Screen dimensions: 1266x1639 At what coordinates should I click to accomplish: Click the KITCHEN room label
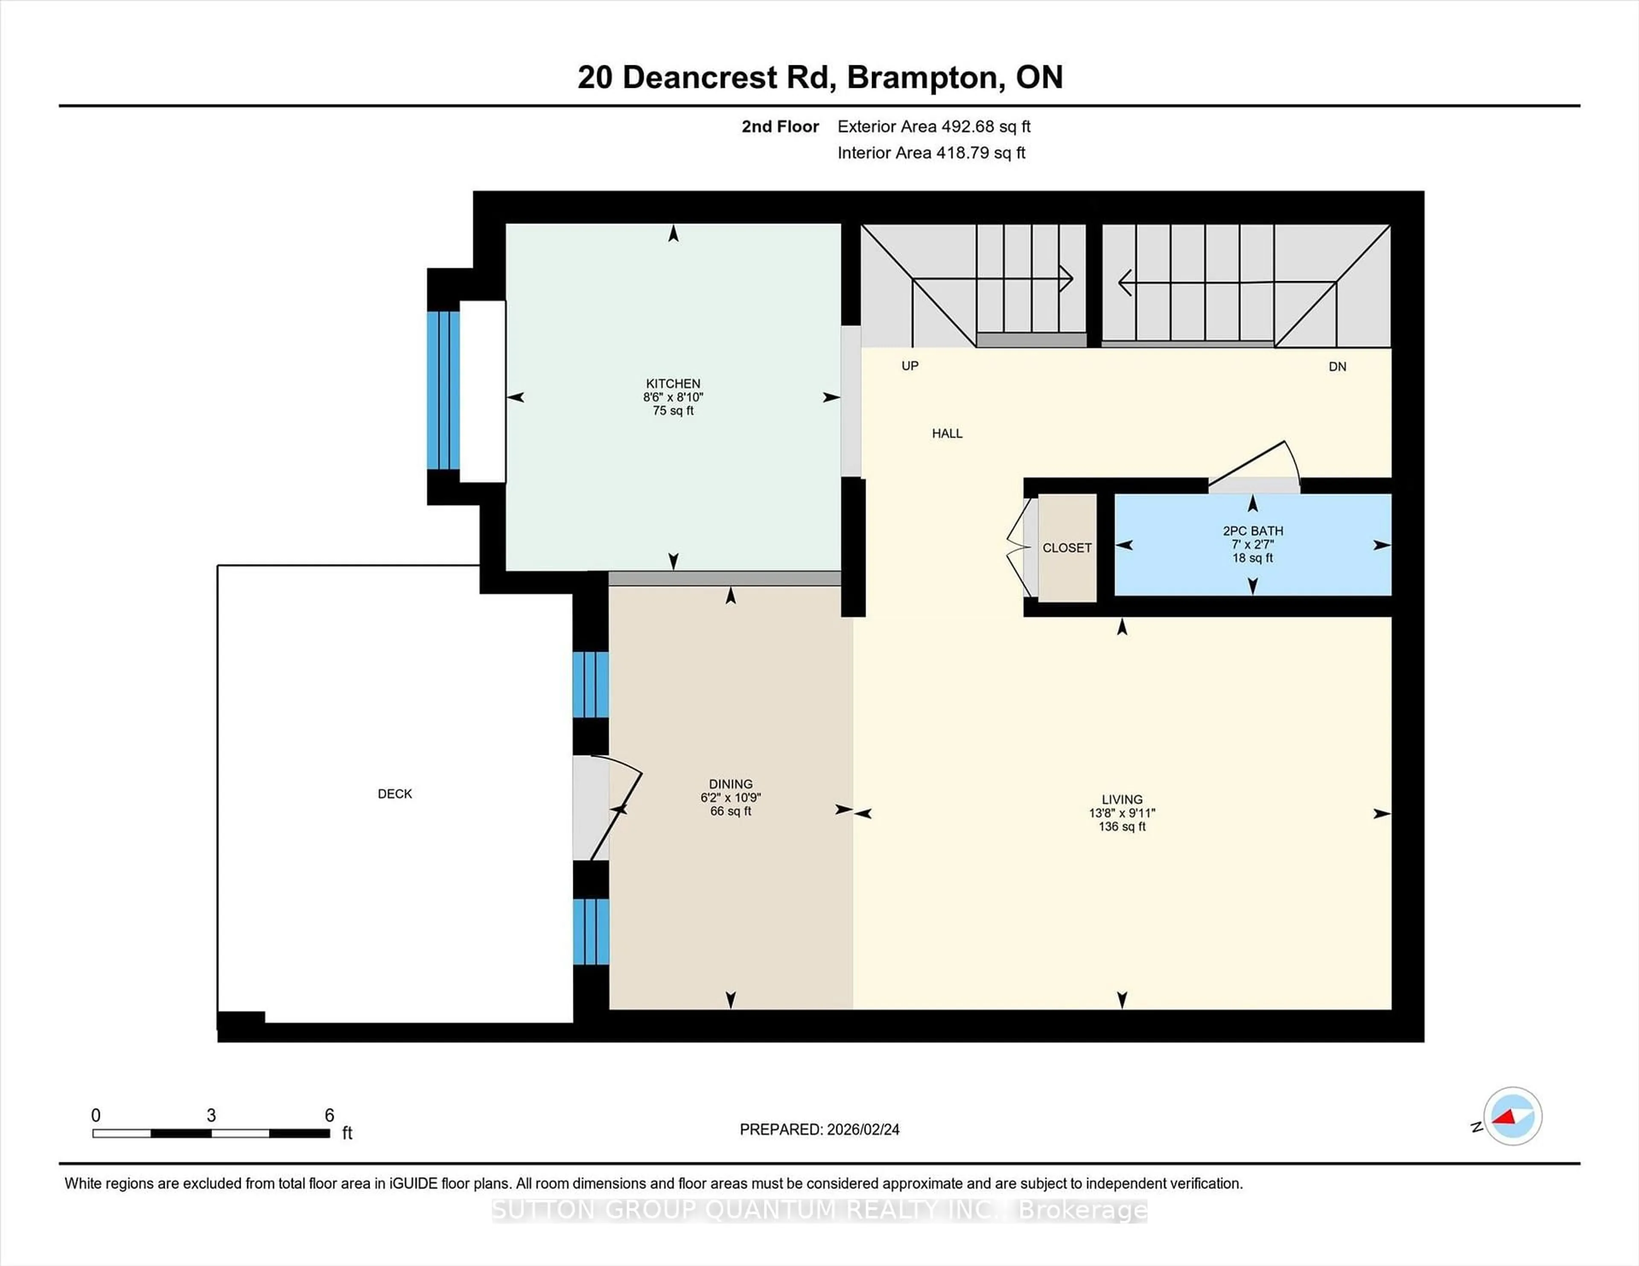pos(673,383)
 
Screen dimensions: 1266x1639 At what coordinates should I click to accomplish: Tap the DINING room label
pos(730,784)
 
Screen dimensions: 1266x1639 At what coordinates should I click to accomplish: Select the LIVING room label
pos(1122,799)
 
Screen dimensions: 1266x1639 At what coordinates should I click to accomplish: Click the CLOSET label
pos(1066,548)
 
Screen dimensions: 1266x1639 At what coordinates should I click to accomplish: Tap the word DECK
pos(395,793)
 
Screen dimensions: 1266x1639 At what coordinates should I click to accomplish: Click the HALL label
pos(947,433)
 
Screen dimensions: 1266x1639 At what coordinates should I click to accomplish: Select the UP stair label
pos(910,366)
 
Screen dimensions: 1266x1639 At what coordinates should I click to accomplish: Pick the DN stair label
pos(1337,367)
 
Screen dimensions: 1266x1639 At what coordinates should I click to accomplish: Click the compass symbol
pos(1512,1116)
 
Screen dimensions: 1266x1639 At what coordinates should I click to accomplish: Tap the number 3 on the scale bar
pos(212,1115)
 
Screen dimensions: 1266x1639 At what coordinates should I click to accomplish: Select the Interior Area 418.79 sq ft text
pos(931,153)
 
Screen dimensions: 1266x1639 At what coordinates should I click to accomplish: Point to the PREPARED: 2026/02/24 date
pos(819,1130)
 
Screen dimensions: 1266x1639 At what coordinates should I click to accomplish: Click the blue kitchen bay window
pos(443,390)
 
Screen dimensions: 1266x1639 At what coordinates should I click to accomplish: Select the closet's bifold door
pos(1021,548)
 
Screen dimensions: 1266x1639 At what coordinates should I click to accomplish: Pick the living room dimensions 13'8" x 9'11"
pos(1122,813)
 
